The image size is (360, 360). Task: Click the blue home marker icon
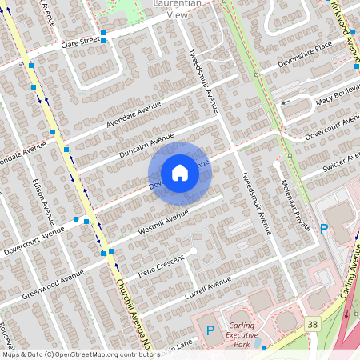coord(180,173)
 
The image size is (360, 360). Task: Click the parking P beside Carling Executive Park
coord(211,330)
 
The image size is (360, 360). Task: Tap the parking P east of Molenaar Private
coord(324,229)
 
